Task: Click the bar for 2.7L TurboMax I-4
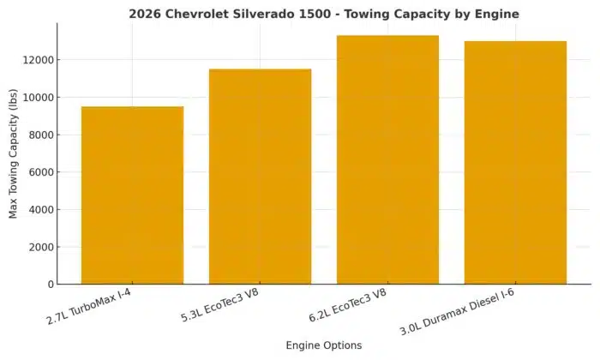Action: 132,195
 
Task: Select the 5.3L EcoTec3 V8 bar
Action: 260,177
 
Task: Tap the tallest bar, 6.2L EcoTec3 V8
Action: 387,159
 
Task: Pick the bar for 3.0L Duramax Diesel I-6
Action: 515,163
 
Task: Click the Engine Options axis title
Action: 323,345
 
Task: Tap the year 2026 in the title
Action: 146,15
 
